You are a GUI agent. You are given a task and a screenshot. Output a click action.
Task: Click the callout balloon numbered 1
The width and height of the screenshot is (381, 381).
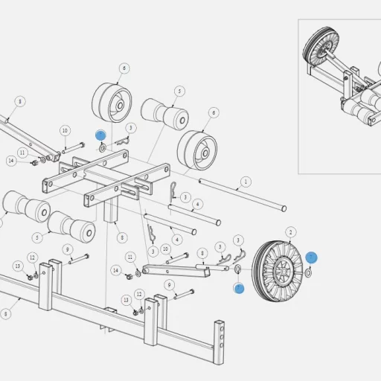click(x=246, y=181)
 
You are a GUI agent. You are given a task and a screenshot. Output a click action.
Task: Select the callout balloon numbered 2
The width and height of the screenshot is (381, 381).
click(x=291, y=232)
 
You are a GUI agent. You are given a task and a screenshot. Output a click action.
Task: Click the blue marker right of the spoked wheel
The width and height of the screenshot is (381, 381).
click(x=312, y=257)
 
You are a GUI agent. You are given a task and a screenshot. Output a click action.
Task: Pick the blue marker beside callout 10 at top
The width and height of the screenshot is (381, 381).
click(x=100, y=135)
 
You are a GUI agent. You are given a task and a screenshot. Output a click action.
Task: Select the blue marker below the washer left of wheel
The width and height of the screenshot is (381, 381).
click(x=239, y=288)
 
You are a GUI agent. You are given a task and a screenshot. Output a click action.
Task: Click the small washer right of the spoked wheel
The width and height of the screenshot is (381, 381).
click(x=309, y=272)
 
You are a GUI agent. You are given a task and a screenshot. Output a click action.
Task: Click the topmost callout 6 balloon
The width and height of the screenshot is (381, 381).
click(x=124, y=68)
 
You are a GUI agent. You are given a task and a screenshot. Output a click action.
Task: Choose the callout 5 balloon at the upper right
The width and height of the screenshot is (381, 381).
click(x=179, y=91)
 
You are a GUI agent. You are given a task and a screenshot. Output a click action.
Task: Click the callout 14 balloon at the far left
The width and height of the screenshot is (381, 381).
click(x=11, y=161)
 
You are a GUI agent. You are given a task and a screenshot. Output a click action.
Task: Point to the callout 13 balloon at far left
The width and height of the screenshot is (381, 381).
click(x=18, y=266)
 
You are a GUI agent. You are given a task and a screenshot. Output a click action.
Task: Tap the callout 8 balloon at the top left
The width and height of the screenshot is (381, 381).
click(x=19, y=101)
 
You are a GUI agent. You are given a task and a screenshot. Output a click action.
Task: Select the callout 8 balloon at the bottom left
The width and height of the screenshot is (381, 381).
click(x=6, y=314)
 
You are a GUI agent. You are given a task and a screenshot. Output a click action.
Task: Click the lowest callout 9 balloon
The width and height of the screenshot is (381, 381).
click(x=169, y=285)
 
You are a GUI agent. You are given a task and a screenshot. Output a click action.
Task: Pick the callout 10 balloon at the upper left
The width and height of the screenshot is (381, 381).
click(x=65, y=131)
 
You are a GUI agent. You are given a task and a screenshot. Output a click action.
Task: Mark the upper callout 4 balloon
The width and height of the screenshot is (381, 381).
click(x=197, y=204)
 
